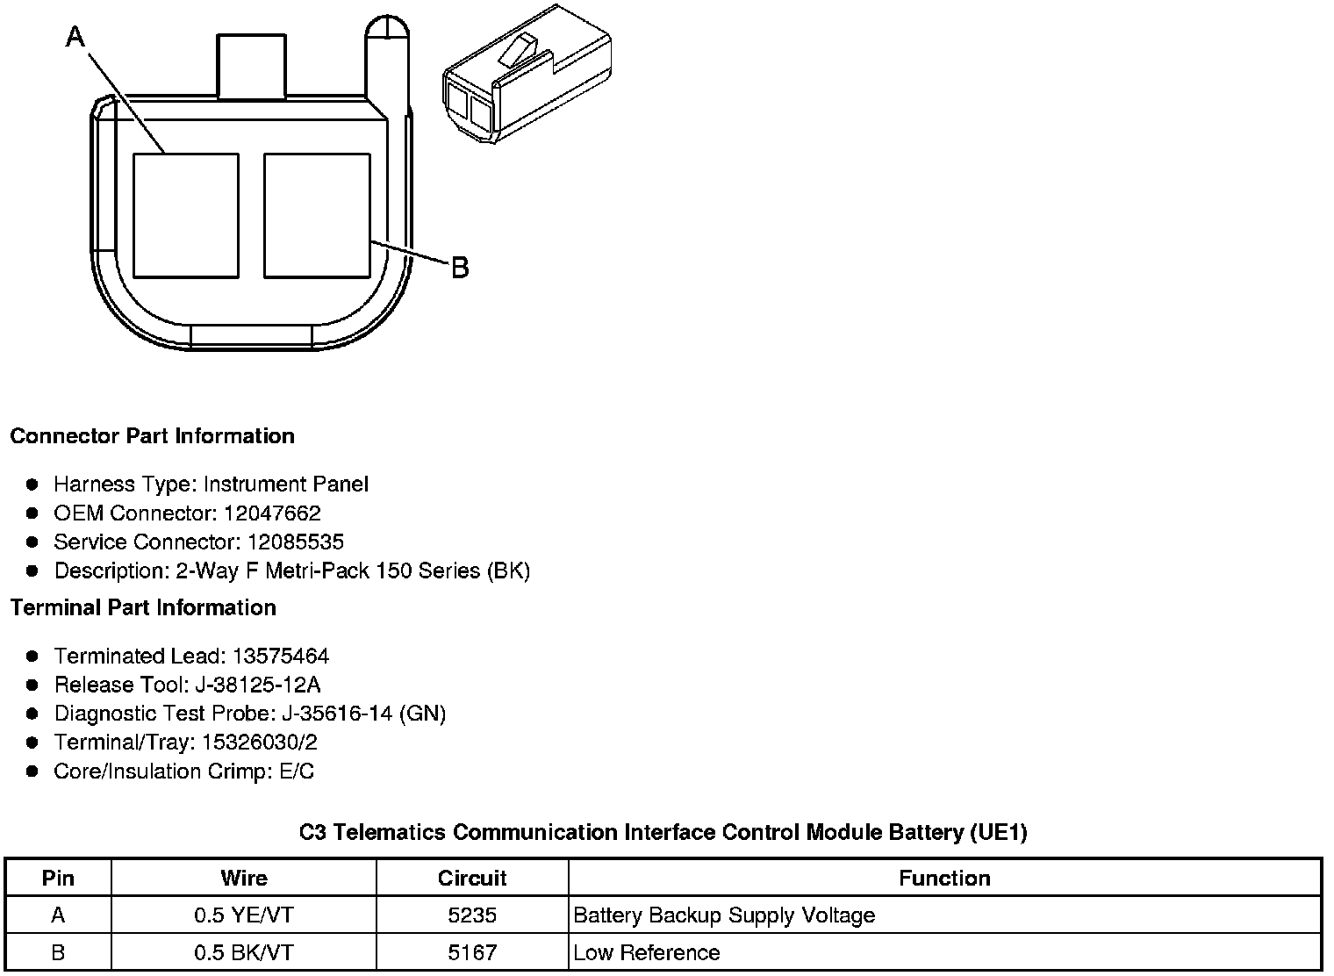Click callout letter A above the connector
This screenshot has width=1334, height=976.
click(x=75, y=37)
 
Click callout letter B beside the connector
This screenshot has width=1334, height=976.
click(x=460, y=268)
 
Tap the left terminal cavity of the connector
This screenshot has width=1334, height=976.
click(x=186, y=216)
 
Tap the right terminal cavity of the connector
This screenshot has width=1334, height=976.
click(x=317, y=216)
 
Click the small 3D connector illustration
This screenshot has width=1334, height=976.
click(x=527, y=75)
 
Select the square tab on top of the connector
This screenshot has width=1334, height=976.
click(x=251, y=66)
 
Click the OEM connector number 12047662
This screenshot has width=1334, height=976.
click(x=272, y=513)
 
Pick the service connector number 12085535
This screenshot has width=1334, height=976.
click(x=296, y=542)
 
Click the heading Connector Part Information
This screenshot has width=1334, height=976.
click(x=153, y=436)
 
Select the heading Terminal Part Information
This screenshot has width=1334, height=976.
click(x=144, y=607)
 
